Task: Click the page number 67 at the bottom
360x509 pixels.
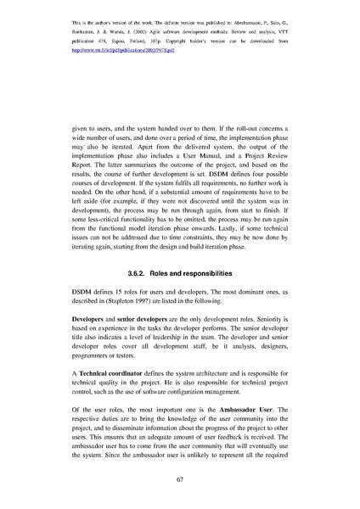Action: coord(179,479)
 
